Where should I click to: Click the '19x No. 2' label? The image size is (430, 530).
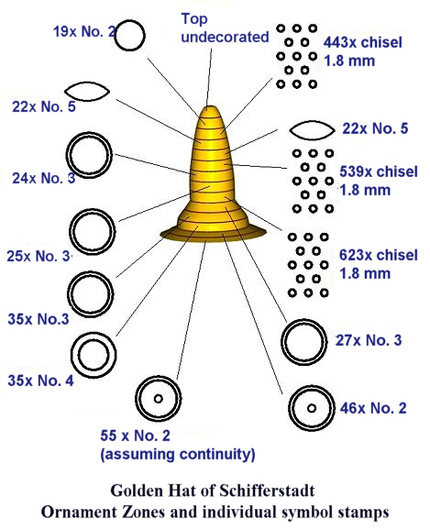coord(84,32)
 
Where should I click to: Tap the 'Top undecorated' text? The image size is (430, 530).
coord(225,28)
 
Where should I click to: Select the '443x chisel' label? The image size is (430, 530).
coord(363,42)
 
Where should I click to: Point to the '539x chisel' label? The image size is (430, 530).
coord(379,171)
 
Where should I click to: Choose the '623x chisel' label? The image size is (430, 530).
coord(379,255)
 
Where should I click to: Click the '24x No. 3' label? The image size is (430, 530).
coord(44,178)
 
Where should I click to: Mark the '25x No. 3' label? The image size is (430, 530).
coord(39,256)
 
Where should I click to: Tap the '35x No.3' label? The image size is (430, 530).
coord(39,319)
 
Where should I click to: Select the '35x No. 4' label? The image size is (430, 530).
coord(40,381)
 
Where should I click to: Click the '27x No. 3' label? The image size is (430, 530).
coord(369,340)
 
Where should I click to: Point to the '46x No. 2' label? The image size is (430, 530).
coord(373,408)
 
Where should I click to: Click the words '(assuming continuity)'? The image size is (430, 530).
coord(178,454)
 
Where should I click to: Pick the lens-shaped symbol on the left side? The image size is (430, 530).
coord(87,83)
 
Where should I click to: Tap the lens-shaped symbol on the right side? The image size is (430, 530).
coord(312,121)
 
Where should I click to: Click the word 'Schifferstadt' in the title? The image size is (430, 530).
coord(268,491)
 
